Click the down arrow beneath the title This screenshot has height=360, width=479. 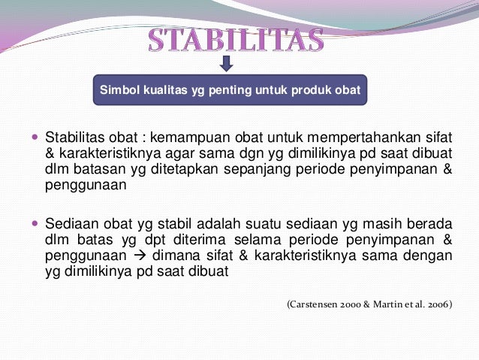click(227, 64)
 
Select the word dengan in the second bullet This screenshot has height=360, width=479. click(432, 257)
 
